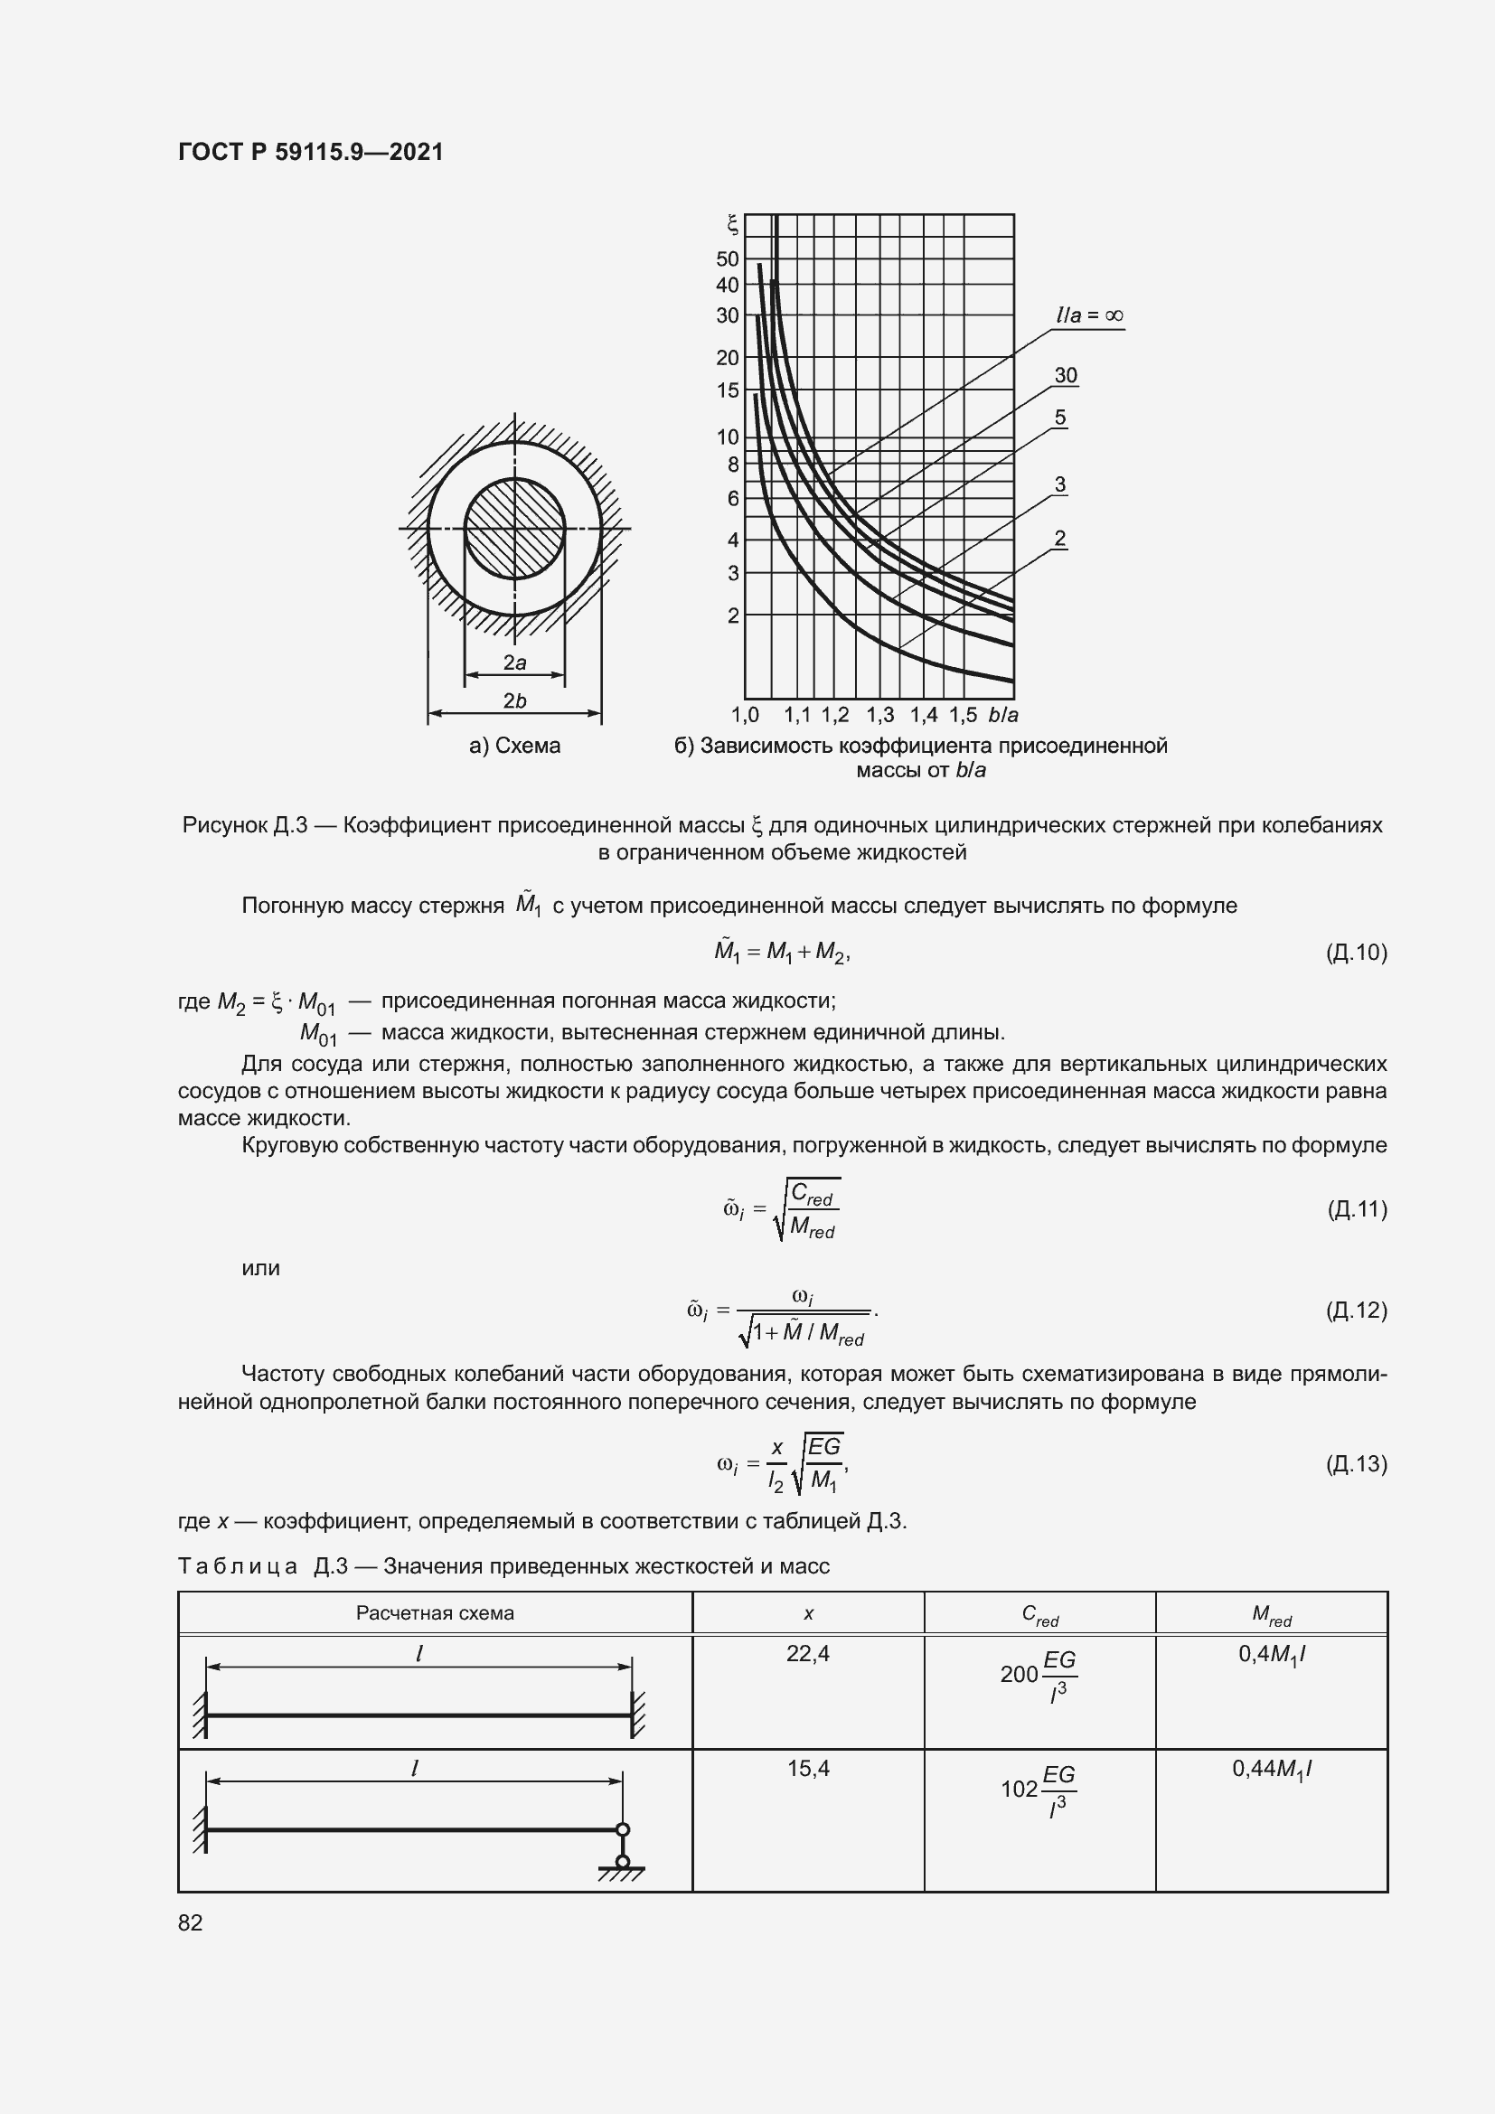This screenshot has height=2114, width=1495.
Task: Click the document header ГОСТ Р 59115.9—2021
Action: tap(310, 152)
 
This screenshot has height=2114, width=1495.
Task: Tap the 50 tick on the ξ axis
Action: tap(728, 258)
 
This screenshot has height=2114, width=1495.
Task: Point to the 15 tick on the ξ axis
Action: tap(728, 390)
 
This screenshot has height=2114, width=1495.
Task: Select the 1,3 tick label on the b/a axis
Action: tap(880, 716)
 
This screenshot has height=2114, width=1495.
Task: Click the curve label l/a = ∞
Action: tap(1089, 315)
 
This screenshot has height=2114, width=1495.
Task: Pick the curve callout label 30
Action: tap(1065, 376)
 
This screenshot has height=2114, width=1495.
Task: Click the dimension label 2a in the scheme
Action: tap(514, 662)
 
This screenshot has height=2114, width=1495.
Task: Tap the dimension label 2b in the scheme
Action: tap(514, 700)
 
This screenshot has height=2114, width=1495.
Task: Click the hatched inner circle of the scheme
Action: tap(514, 529)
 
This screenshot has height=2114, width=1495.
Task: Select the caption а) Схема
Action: tap(514, 746)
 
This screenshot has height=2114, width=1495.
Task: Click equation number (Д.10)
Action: tap(1356, 952)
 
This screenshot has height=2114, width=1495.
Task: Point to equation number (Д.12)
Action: tap(1356, 1310)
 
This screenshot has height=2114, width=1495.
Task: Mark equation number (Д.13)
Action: tap(1356, 1463)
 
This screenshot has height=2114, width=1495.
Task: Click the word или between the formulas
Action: tap(260, 1268)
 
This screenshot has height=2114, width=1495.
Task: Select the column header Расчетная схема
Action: tap(435, 1613)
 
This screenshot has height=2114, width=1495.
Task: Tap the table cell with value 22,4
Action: tap(807, 1654)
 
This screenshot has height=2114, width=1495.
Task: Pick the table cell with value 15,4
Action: tap(807, 1768)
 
